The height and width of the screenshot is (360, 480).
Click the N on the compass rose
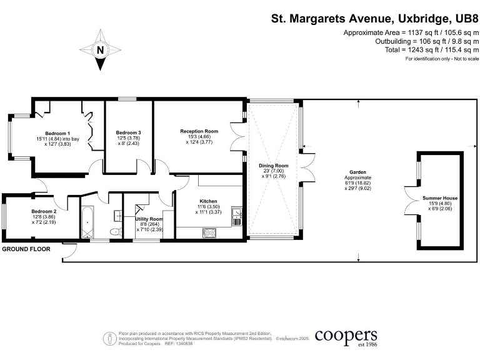click(100, 50)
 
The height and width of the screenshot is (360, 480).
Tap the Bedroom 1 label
click(57, 134)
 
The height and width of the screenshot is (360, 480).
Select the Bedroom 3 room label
click(128, 132)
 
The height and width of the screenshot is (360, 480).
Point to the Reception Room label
click(199, 131)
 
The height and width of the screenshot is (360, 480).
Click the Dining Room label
click(274, 166)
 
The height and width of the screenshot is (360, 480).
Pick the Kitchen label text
click(208, 201)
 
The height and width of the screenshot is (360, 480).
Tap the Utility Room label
click(149, 219)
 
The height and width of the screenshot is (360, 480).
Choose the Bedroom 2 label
click(44, 211)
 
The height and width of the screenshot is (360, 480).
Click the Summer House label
click(440, 198)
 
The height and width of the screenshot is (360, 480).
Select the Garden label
click(358, 172)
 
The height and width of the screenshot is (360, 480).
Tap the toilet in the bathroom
click(115, 231)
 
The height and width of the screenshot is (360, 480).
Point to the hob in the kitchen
click(209, 233)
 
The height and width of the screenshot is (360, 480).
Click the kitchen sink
click(237, 216)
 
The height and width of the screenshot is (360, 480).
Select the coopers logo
click(346, 337)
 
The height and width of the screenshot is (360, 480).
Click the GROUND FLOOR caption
click(26, 249)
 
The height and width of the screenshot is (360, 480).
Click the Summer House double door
click(411, 201)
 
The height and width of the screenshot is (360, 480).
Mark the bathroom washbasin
click(118, 216)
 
